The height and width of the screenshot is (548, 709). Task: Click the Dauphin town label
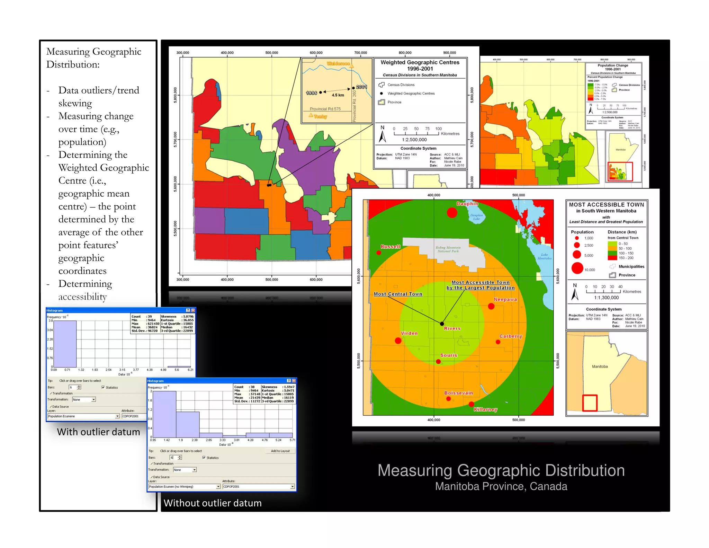pos(467,204)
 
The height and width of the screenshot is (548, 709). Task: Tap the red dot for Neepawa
pos(491,306)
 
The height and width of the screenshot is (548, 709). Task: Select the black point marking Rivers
pos(442,324)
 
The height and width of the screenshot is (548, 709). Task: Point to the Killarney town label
pos(485,409)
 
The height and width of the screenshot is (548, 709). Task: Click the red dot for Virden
pos(398,341)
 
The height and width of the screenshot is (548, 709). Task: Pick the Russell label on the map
pos(390,247)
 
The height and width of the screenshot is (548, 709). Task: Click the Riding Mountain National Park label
pos(448,249)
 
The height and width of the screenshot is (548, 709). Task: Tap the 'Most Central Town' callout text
pos(398,294)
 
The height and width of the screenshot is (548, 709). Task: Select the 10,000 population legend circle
pos(577,268)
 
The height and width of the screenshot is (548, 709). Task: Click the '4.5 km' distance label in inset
pos(338,95)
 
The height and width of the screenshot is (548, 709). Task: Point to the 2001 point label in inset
pos(361,87)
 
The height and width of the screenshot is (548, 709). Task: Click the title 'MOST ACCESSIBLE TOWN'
pos(606,205)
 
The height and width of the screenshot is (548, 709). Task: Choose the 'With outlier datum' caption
pos(98,432)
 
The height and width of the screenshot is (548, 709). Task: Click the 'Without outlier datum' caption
pos(213,503)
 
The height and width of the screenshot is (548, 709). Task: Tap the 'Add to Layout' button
pos(280,451)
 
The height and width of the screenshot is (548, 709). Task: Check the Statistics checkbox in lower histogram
pos(204,458)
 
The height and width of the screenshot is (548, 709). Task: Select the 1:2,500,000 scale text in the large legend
pos(414,140)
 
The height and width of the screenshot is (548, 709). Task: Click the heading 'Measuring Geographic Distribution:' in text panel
pos(93,58)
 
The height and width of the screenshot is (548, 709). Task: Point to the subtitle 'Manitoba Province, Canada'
pos(501,486)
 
